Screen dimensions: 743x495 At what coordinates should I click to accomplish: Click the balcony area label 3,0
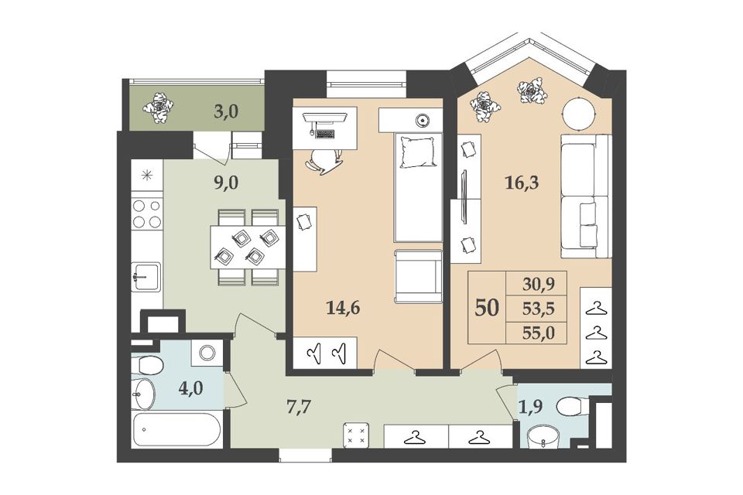click(x=226, y=112)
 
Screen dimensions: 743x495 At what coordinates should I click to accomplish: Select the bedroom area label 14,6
click(x=343, y=309)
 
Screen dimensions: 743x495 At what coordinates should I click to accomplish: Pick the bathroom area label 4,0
click(x=191, y=388)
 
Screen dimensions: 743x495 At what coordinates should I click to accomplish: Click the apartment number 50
click(x=487, y=308)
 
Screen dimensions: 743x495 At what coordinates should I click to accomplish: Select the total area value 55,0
click(x=539, y=333)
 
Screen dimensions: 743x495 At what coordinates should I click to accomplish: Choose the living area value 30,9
click(x=539, y=284)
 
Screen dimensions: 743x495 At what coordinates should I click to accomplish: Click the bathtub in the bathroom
click(x=176, y=430)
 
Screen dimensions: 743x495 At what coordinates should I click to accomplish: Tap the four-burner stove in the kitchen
click(x=147, y=213)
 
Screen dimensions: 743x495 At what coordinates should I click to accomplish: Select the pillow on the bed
click(x=417, y=152)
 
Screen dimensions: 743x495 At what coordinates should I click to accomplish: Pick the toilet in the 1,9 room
click(x=573, y=407)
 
